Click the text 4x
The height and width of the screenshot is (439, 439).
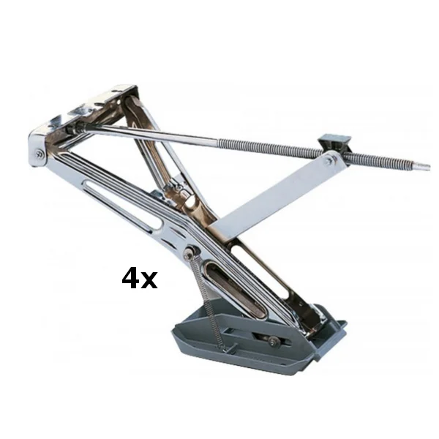(x=139, y=278)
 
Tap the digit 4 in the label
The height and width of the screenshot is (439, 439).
(x=130, y=277)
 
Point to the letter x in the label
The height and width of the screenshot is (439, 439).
(x=149, y=280)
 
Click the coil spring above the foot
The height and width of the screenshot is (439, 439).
(x=207, y=300)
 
